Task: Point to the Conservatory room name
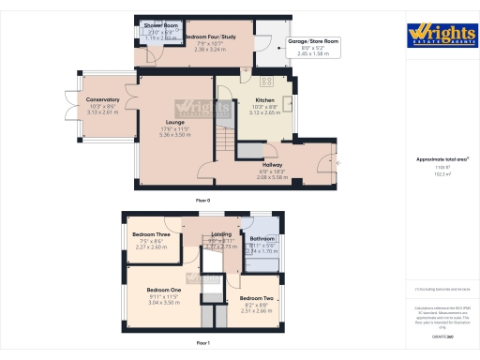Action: [102, 99]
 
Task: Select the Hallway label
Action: [272, 163]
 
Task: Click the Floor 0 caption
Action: [202, 201]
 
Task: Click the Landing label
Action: [221, 233]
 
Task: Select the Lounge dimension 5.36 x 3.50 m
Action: [175, 135]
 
